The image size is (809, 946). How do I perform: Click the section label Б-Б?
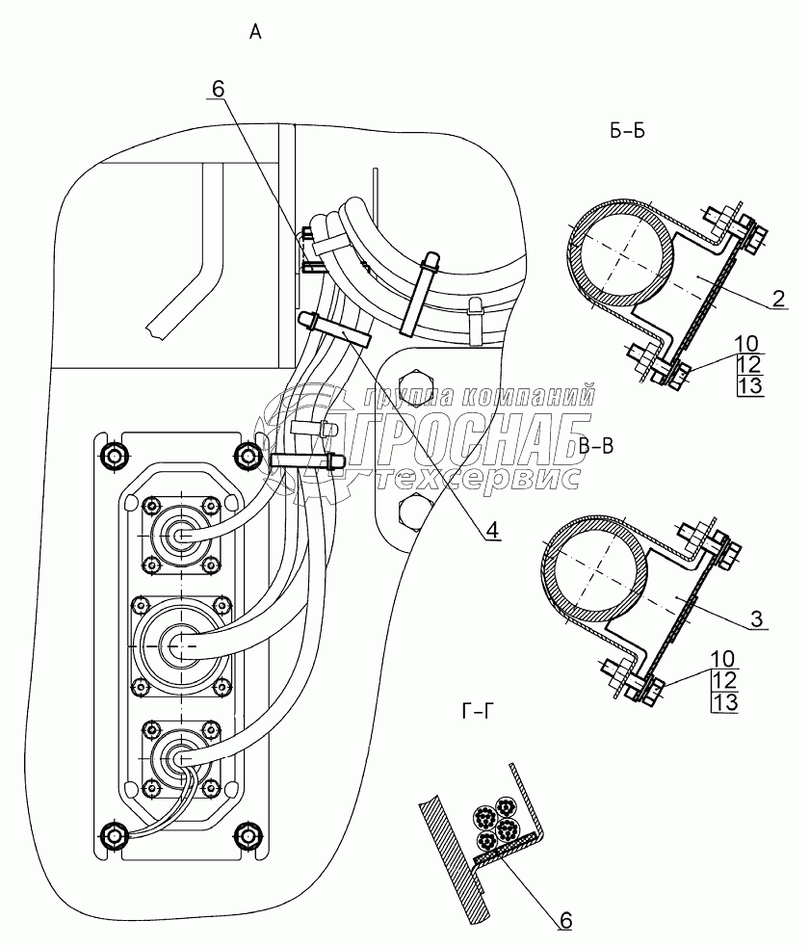(627, 132)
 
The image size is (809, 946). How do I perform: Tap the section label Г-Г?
(481, 713)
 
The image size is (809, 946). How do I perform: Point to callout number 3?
(760, 619)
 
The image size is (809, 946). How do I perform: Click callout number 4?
(491, 529)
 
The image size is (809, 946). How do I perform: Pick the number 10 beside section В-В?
(721, 659)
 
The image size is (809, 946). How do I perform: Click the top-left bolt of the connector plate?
(114, 453)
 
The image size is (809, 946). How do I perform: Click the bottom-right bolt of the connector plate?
(250, 833)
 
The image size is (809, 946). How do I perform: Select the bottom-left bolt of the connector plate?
(114, 833)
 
